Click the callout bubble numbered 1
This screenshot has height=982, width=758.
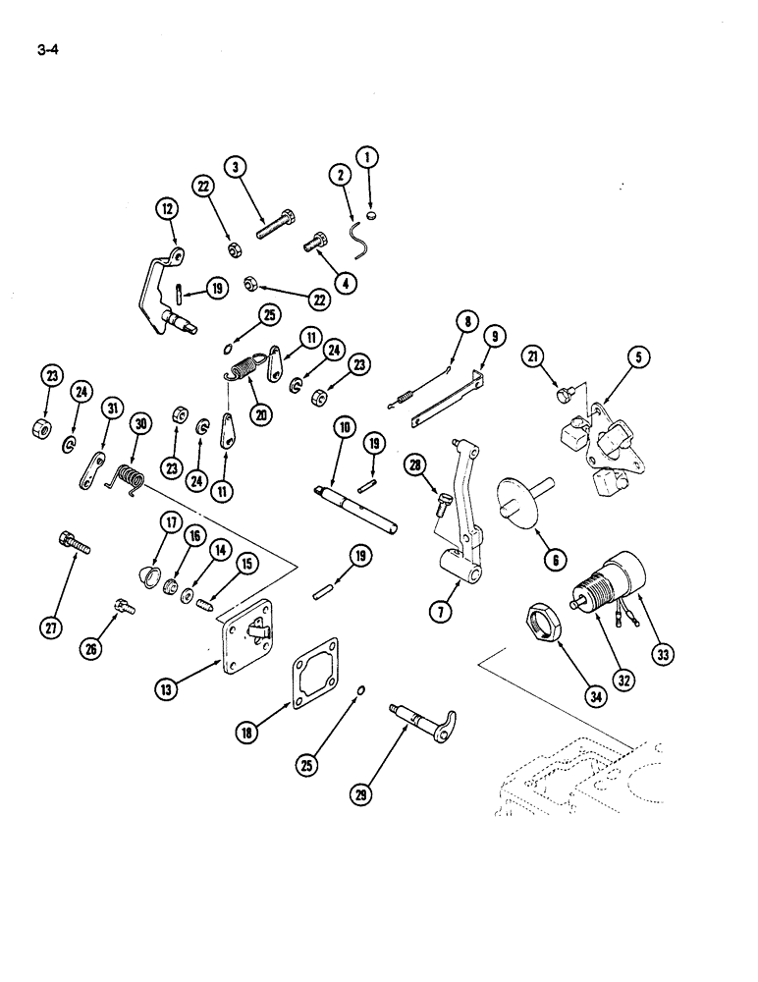pyautogui.click(x=368, y=157)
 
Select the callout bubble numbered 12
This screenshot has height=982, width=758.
pyautogui.click(x=166, y=208)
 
